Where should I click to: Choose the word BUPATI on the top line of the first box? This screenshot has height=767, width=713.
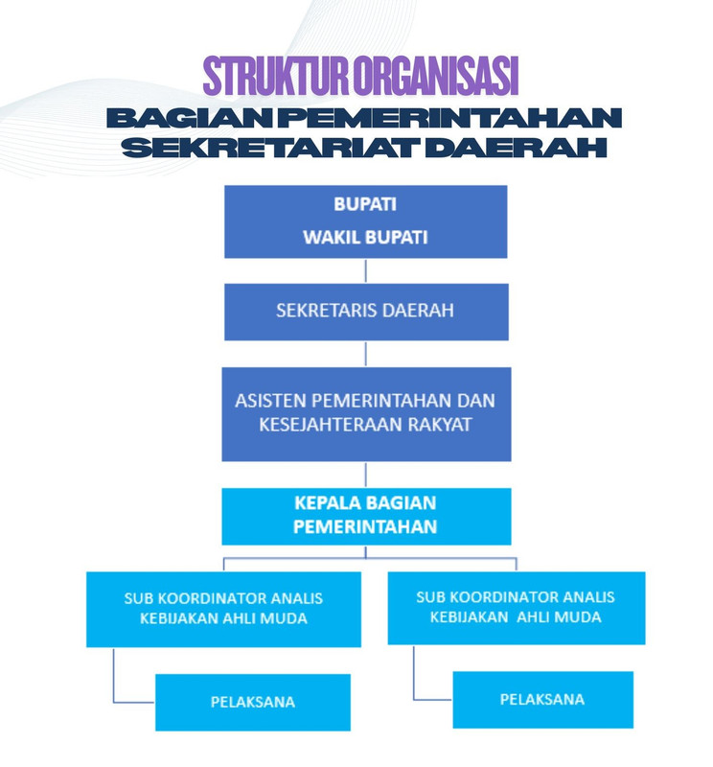coord(365,204)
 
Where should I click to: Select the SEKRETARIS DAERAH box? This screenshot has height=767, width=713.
coord(365,311)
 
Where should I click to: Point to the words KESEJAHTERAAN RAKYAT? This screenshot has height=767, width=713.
coord(365,424)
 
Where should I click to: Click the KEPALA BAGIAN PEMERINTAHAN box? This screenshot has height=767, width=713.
coord(365,515)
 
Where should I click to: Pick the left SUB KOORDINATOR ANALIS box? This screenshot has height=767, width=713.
coord(223,608)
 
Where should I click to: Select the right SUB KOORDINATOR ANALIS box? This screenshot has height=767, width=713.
coord(516,607)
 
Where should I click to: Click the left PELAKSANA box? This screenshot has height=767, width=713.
coord(253,702)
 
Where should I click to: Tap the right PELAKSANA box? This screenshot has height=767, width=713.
coord(542,699)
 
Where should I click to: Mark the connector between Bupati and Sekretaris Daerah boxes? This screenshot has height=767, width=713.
coord(365,270)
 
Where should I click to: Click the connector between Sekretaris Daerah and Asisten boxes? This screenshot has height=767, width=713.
coord(365,353)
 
